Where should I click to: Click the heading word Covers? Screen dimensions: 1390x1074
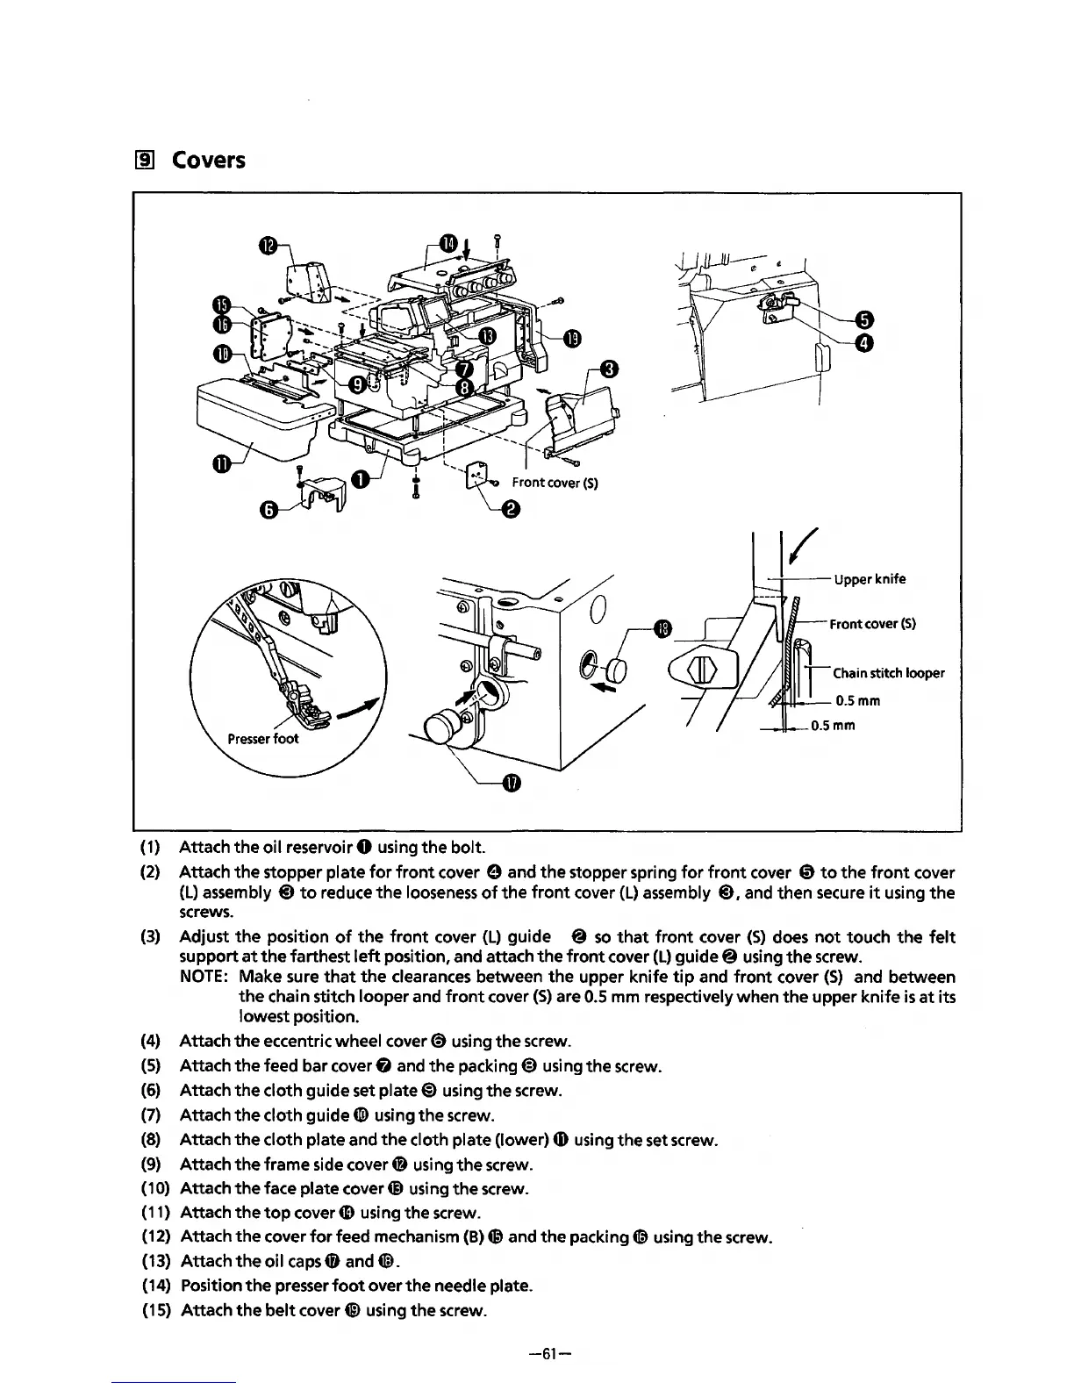(x=208, y=161)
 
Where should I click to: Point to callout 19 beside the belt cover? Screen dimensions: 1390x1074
(x=571, y=339)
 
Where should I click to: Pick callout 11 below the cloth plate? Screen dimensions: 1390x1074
(x=223, y=463)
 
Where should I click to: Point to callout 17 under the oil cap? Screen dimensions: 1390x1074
(x=512, y=784)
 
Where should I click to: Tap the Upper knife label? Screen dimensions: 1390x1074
(x=870, y=579)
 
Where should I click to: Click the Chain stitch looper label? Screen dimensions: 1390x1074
(x=888, y=673)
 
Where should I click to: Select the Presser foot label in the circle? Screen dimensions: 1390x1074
(x=263, y=738)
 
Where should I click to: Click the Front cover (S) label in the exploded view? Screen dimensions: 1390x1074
(x=555, y=483)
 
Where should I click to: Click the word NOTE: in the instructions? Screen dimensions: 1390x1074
(x=205, y=977)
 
